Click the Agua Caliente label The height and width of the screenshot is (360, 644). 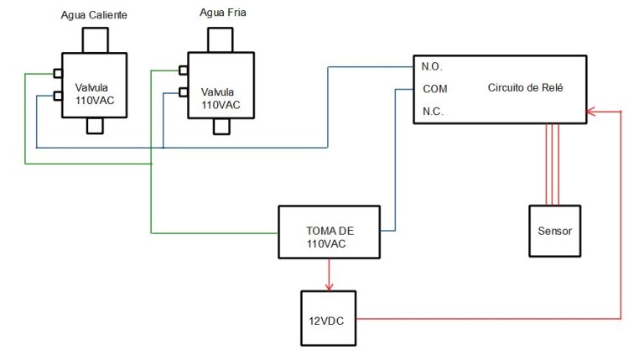point(94,17)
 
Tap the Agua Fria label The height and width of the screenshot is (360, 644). point(222,13)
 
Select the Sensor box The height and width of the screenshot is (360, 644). point(553,230)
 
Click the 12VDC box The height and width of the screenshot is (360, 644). point(328,318)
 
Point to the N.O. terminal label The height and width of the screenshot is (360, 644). point(433,66)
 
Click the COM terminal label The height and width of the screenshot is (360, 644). point(434,89)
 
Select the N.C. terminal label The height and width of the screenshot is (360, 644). point(433,112)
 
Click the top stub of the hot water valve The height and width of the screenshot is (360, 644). point(95,40)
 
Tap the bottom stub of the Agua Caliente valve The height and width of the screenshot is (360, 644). point(95,126)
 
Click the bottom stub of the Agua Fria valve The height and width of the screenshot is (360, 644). point(222,126)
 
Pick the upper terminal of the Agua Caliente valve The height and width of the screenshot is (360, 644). point(57,73)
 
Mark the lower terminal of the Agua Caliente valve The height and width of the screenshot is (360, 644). point(57,95)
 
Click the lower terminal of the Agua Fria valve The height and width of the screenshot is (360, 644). point(183,92)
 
